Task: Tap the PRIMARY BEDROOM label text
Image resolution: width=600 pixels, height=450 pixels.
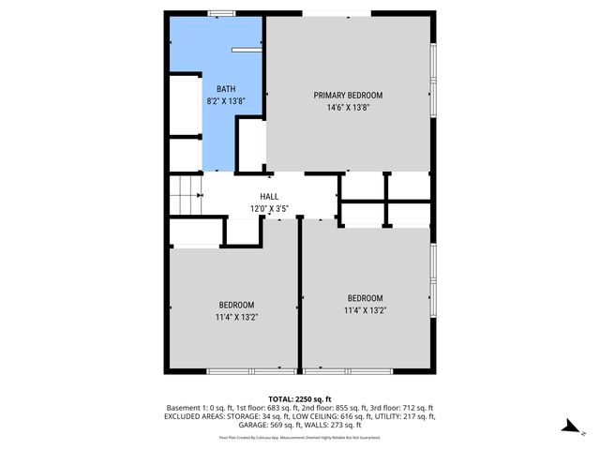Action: click(x=348, y=96)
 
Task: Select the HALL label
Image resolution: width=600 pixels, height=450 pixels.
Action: click(x=270, y=197)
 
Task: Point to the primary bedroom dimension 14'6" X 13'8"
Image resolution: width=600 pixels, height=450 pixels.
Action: click(x=348, y=108)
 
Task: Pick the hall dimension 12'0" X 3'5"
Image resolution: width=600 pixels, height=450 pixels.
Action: click(x=270, y=208)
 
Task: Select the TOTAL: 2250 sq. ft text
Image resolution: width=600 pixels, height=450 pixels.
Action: click(x=301, y=398)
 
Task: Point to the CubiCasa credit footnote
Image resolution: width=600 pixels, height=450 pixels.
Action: click(x=301, y=437)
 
